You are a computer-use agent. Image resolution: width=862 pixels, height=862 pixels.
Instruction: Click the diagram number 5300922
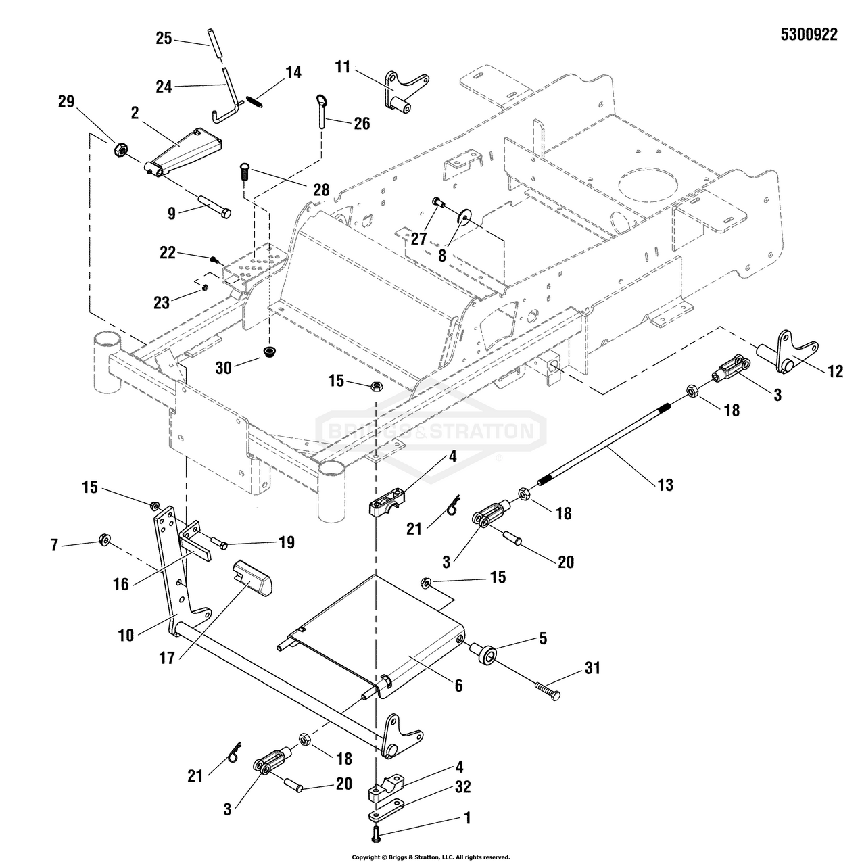[809, 35]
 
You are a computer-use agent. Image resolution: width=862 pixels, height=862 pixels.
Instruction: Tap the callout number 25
[164, 38]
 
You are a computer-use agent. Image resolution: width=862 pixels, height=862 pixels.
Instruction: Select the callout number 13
[665, 485]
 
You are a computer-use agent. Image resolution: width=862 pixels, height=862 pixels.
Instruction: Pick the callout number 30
[224, 368]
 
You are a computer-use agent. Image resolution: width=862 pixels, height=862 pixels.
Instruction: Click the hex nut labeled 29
[120, 149]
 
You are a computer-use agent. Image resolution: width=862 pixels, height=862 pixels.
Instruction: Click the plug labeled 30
[270, 352]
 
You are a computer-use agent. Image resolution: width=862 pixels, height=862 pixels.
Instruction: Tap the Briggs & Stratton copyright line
[431, 857]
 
